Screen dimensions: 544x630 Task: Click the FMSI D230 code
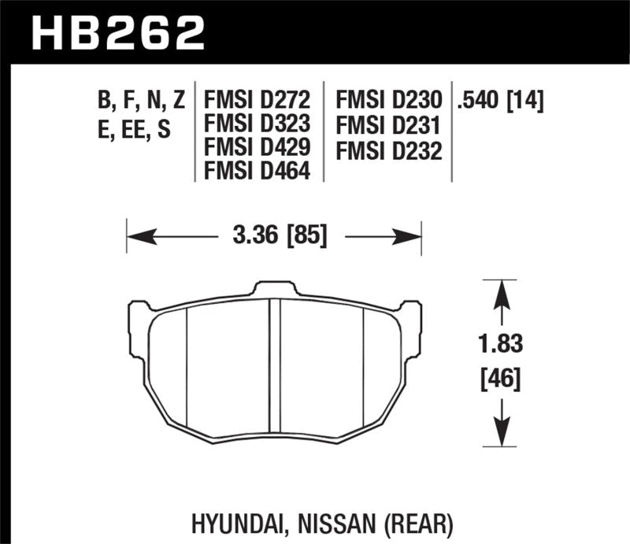click(388, 101)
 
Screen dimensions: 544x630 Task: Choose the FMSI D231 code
click(388, 124)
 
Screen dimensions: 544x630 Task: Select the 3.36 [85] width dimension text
click(275, 235)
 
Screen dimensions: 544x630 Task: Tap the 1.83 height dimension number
click(500, 345)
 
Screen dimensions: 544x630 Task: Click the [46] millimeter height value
click(500, 381)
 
